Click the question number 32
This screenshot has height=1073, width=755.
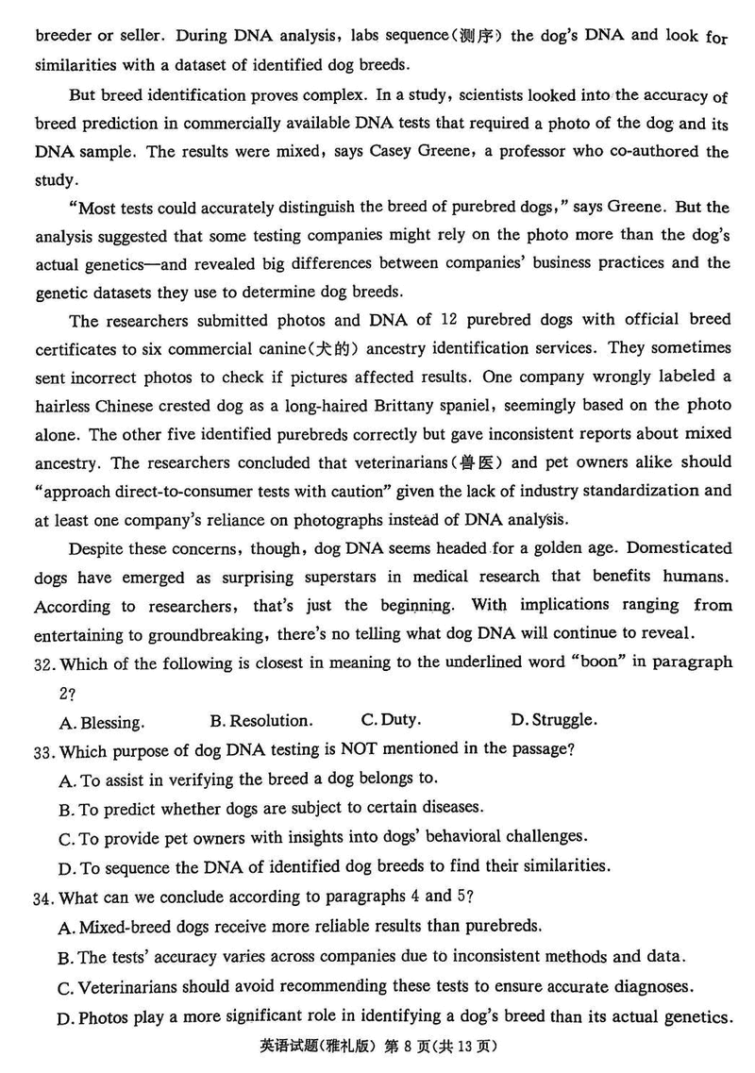[x=42, y=663]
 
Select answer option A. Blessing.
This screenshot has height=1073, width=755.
[x=101, y=723]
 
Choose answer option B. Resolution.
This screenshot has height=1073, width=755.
[x=260, y=721]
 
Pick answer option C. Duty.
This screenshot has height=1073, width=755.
[x=391, y=720]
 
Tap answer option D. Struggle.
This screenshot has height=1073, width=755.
[x=553, y=720]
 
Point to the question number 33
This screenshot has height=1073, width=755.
[x=42, y=751]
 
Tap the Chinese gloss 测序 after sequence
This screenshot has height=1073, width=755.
[x=485, y=36]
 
